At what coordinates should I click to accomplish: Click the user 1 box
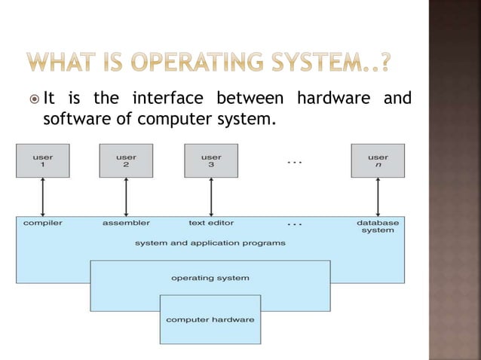[x=43, y=160]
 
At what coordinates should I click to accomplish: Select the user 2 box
[x=126, y=160]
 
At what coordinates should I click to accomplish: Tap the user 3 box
[x=210, y=160]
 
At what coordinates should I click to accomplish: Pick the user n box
[x=377, y=160]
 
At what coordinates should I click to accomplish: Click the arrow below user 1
[x=43, y=197]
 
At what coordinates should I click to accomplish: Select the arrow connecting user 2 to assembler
[x=126, y=197]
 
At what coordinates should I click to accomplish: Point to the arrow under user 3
[x=210, y=197]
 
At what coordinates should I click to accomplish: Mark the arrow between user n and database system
[x=377, y=197]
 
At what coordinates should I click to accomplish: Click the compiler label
[x=43, y=223]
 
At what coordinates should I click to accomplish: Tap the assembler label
[x=126, y=223]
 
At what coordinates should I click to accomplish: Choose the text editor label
[x=211, y=223]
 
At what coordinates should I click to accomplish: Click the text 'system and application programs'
[x=210, y=243]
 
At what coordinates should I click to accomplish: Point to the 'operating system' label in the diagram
[x=210, y=278]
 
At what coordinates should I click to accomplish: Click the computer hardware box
[x=210, y=319]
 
